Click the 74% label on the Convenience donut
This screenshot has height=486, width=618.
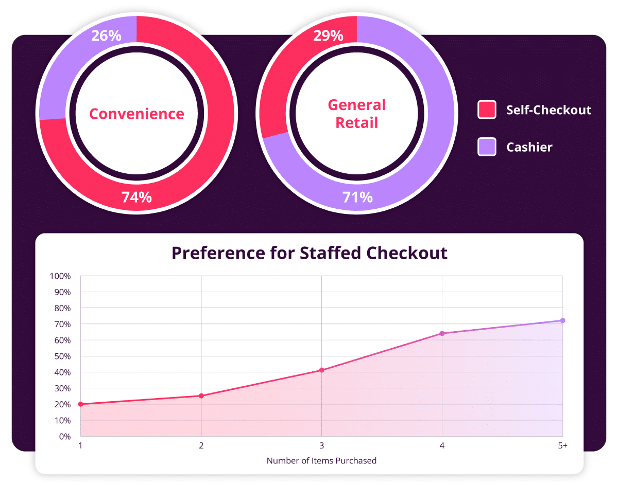coord(136,197)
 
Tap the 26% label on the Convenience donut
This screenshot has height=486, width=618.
coord(106,35)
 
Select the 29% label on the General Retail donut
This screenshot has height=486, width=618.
coord(328,35)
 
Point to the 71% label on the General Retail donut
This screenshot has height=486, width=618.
coord(357,197)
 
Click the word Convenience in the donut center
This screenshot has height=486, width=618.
coord(136,114)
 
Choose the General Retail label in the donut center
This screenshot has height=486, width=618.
coord(357,114)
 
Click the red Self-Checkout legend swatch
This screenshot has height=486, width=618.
coord(487,110)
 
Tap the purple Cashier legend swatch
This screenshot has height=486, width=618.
coord(487,147)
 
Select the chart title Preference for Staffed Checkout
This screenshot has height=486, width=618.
coord(309,253)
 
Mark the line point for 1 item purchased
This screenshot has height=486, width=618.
coord(80,404)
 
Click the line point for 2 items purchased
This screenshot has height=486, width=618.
coord(201,396)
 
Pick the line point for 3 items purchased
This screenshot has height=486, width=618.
coord(322,370)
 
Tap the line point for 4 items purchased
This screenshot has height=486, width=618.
coord(442,333)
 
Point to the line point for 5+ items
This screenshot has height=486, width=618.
coord(562,320)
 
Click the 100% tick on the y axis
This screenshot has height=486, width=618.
coord(60,276)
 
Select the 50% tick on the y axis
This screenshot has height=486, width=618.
coord(62,356)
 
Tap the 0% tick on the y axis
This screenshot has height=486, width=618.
coord(64,437)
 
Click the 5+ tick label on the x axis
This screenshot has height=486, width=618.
coord(562,445)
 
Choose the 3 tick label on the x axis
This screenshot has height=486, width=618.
coord(322,445)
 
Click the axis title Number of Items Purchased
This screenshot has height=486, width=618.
coord(321,461)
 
